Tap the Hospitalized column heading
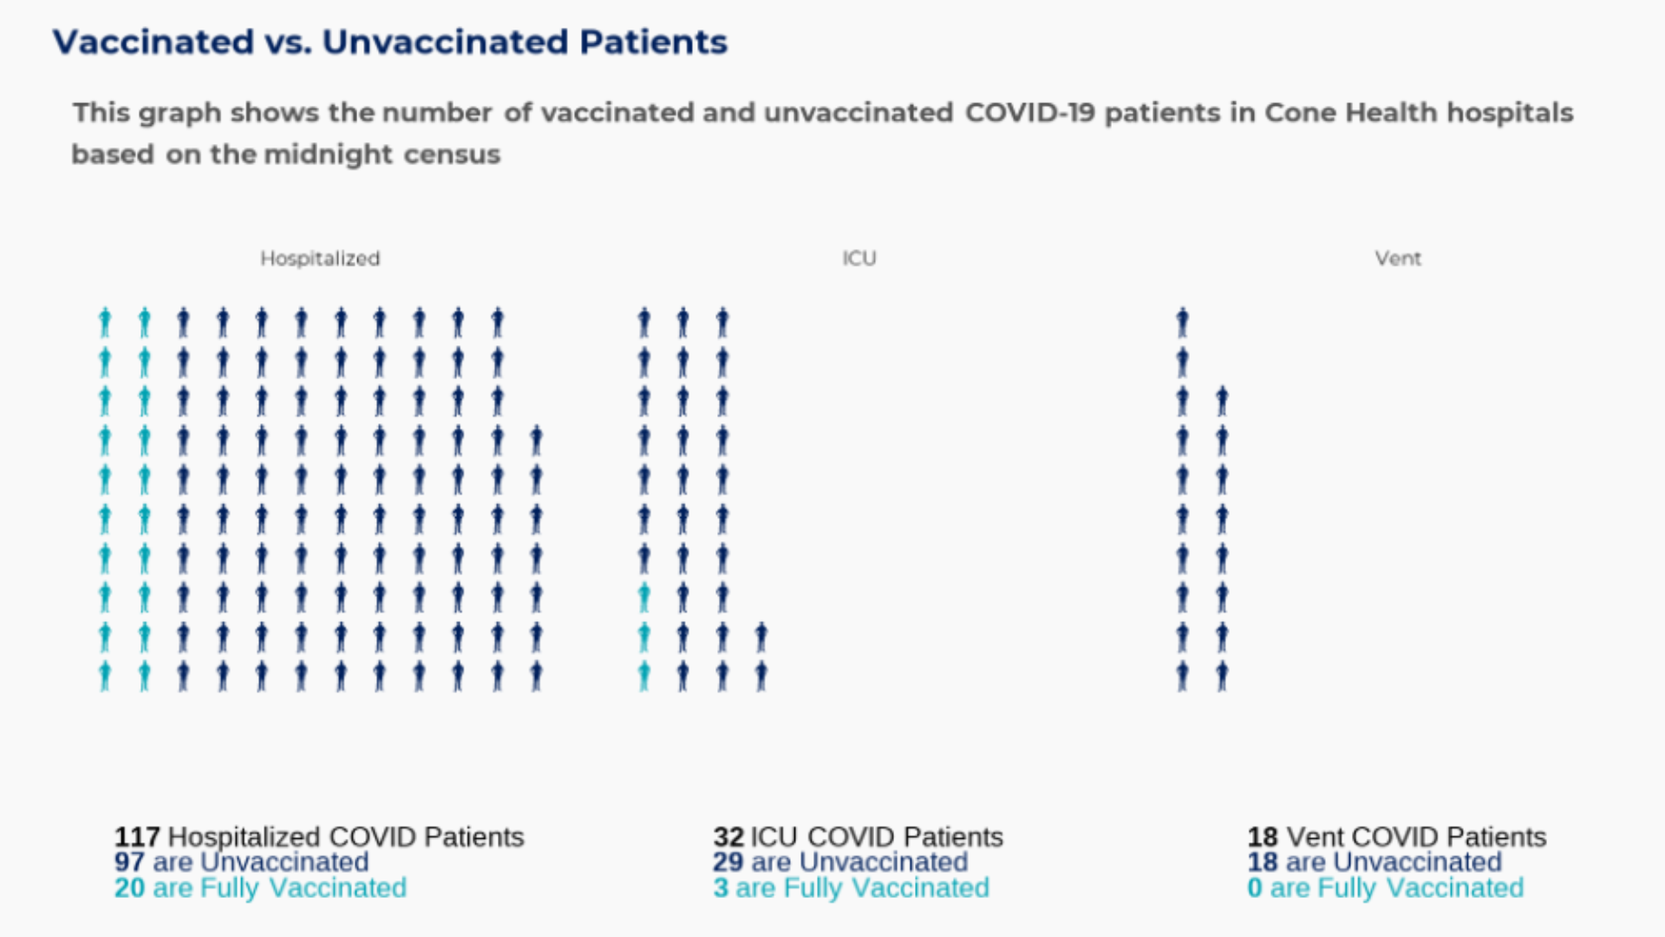point(320,259)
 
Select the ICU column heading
point(859,259)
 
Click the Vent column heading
point(1397,259)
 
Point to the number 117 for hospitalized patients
point(137,836)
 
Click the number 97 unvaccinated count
point(129,862)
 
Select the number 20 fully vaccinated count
point(129,888)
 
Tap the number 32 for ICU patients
point(728,836)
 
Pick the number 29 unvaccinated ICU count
point(728,862)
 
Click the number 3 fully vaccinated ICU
point(721,888)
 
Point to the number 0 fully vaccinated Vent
point(1254,888)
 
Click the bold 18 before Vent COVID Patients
point(1263,836)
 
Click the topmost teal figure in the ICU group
point(643,598)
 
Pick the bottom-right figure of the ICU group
point(761,676)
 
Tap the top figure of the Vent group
point(1182,323)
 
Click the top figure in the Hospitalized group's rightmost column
point(537,441)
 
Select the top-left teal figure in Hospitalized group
point(105,323)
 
